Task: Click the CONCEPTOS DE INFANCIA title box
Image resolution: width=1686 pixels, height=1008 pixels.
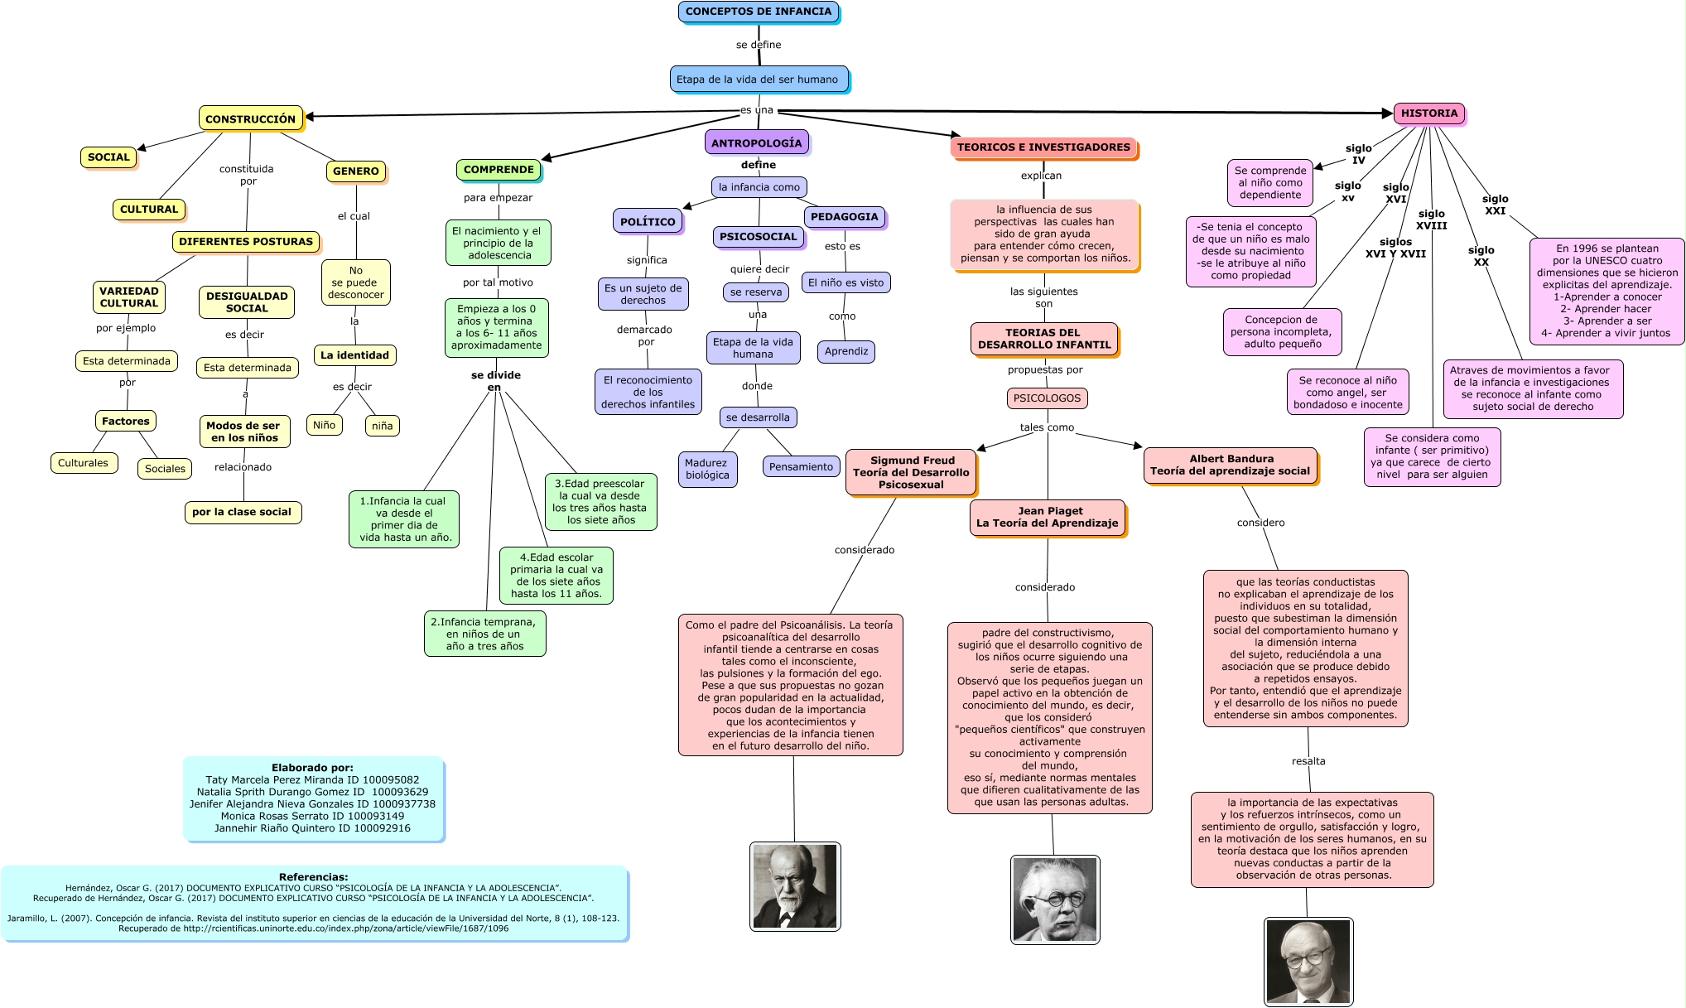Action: (758, 12)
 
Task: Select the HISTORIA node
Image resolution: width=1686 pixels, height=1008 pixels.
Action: (1428, 113)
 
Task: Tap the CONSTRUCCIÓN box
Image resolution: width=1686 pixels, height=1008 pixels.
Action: (250, 118)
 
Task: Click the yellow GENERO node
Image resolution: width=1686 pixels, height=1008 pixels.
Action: (355, 171)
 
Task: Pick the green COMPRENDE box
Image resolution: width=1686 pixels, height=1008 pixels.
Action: (499, 170)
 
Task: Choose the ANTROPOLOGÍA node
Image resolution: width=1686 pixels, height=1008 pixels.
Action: (756, 142)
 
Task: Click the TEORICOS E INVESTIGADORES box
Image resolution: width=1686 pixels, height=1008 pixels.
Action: (1043, 147)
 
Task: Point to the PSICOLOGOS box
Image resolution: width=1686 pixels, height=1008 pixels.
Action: (1047, 398)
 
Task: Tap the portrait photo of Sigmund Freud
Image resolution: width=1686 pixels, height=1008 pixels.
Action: (795, 886)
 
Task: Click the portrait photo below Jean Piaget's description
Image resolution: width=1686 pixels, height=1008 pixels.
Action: (1055, 899)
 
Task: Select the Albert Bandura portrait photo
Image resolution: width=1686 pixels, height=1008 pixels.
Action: (1308, 961)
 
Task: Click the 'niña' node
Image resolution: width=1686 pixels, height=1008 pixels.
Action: (382, 426)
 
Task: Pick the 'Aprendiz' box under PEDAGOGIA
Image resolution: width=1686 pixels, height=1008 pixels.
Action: (846, 351)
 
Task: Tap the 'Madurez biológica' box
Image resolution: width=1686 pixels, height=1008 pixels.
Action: (707, 469)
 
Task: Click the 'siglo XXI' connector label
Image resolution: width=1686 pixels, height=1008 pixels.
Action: (1495, 205)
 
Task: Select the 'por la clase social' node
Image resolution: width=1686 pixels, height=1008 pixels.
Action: (242, 512)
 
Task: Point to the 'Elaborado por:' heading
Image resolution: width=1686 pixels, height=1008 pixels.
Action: (312, 768)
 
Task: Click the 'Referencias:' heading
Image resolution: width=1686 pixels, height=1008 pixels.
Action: (313, 877)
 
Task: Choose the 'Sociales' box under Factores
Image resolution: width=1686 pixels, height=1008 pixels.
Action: (165, 469)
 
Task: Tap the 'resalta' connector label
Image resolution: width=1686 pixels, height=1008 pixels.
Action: (1308, 761)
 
